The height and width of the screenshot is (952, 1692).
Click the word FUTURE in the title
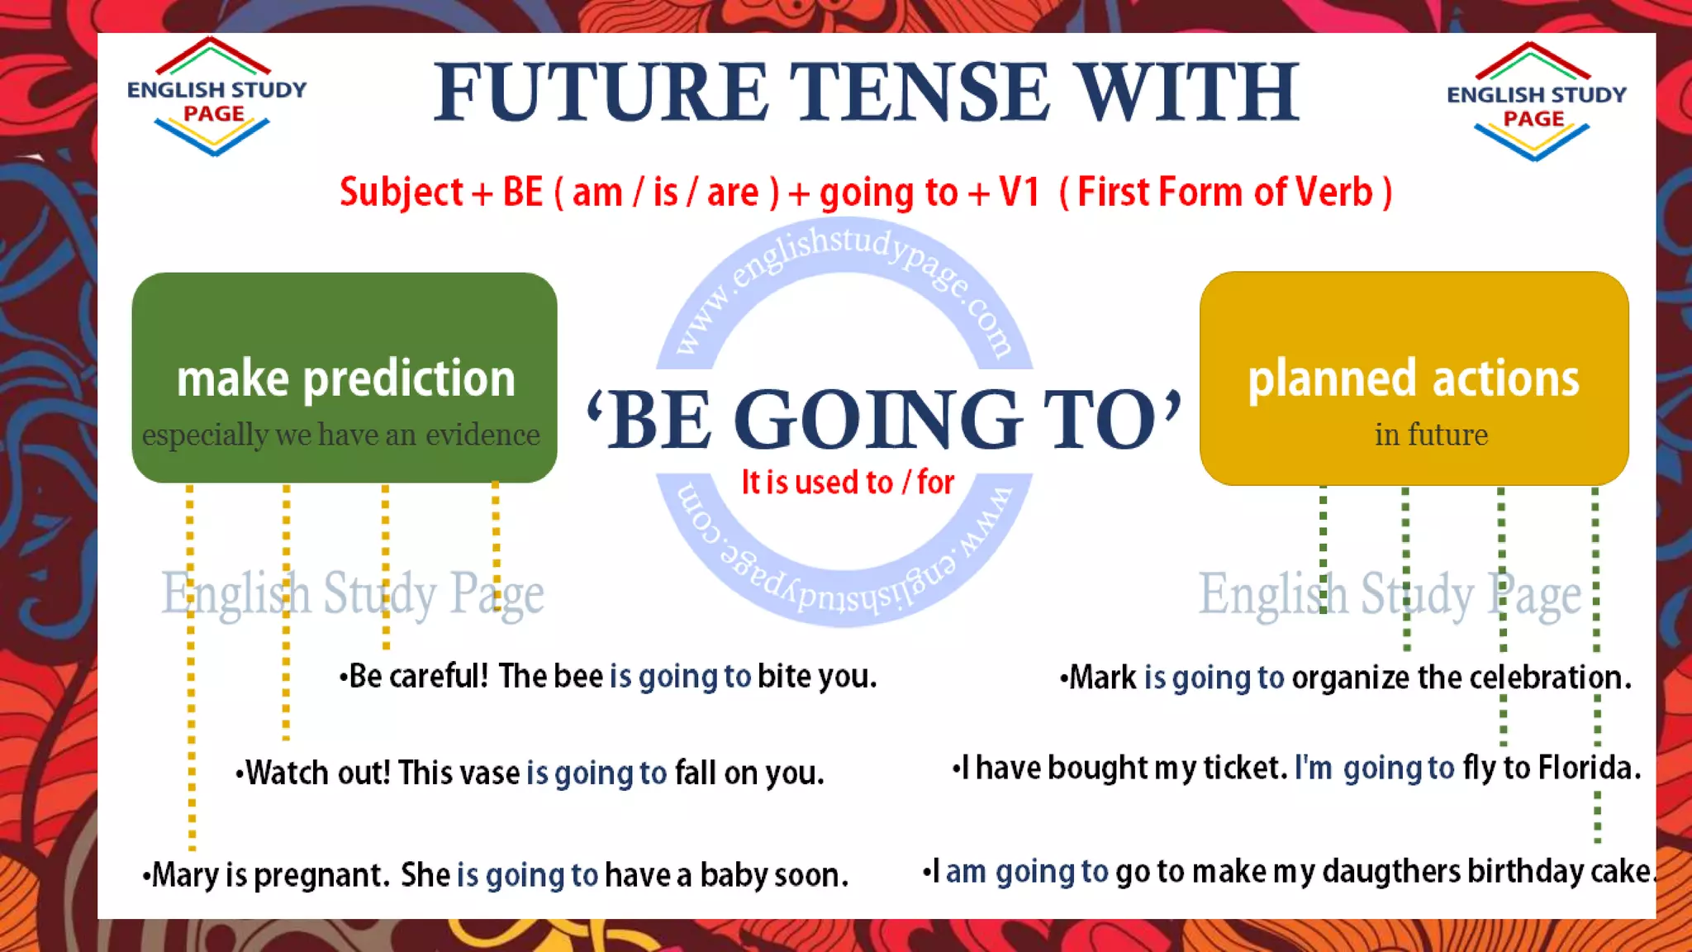pyautogui.click(x=601, y=93)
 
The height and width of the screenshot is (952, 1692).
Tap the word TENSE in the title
pyautogui.click(x=920, y=93)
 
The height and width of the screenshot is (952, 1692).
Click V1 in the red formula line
pyautogui.click(x=1019, y=193)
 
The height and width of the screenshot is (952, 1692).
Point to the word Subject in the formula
pyautogui.click(x=402, y=193)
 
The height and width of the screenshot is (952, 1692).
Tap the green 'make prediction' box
pyautogui.click(x=345, y=377)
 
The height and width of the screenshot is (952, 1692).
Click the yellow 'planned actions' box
pyautogui.click(x=1414, y=377)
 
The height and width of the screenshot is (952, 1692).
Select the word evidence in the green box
pyautogui.click(x=483, y=435)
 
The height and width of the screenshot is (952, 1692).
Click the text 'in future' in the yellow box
pyautogui.click(x=1431, y=435)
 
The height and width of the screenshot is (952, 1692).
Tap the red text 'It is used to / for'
pyautogui.click(x=848, y=483)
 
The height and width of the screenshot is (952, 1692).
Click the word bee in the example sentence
pyautogui.click(x=578, y=677)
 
